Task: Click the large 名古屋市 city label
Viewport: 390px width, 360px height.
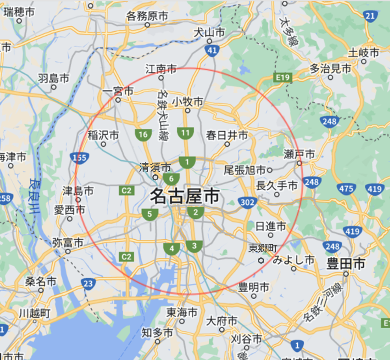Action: tap(184, 196)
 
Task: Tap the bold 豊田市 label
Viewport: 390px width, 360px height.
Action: tap(346, 263)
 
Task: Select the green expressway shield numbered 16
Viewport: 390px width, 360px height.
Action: tap(143, 134)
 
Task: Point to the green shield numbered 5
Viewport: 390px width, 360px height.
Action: tap(149, 214)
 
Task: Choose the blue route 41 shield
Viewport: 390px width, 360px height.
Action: tap(212, 51)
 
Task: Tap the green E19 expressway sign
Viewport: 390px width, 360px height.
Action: tap(282, 78)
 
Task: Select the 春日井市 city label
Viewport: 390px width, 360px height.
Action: tap(227, 135)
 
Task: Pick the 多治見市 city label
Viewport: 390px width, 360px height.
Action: tap(331, 69)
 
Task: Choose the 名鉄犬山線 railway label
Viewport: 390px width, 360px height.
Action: tap(162, 114)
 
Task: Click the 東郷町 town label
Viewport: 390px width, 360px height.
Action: tap(262, 248)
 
